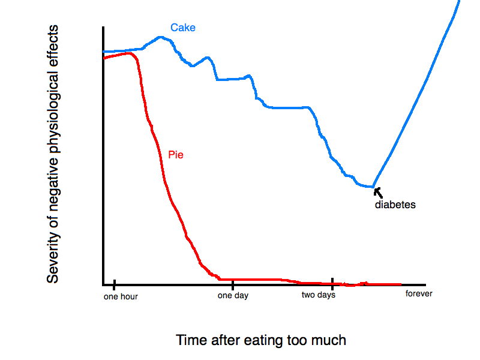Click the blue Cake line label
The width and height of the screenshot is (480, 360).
pyautogui.click(x=182, y=28)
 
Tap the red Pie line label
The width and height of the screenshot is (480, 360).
pyautogui.click(x=175, y=154)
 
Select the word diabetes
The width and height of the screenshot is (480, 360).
pyautogui.click(x=395, y=205)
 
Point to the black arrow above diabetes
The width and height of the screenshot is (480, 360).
pyautogui.click(x=377, y=192)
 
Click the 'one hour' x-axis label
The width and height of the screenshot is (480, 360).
pyautogui.click(x=121, y=296)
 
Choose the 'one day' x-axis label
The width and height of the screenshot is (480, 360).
pyautogui.click(x=233, y=295)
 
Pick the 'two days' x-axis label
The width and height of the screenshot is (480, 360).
pyautogui.click(x=318, y=295)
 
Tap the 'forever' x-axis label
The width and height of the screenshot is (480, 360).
pyautogui.click(x=418, y=293)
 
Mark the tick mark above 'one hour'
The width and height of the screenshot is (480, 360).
pyautogui.click(x=113, y=284)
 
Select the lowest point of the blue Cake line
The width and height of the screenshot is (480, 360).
pyautogui.click(x=372, y=187)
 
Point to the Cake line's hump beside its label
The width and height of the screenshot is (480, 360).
pyautogui.click(x=161, y=37)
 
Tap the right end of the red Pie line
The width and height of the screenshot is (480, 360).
pyautogui.click(x=400, y=284)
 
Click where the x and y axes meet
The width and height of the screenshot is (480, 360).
pyautogui.click(x=104, y=284)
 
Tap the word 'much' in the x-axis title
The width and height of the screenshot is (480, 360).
pyautogui.click(x=331, y=340)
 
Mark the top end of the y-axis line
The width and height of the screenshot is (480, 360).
pyautogui.click(x=104, y=28)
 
